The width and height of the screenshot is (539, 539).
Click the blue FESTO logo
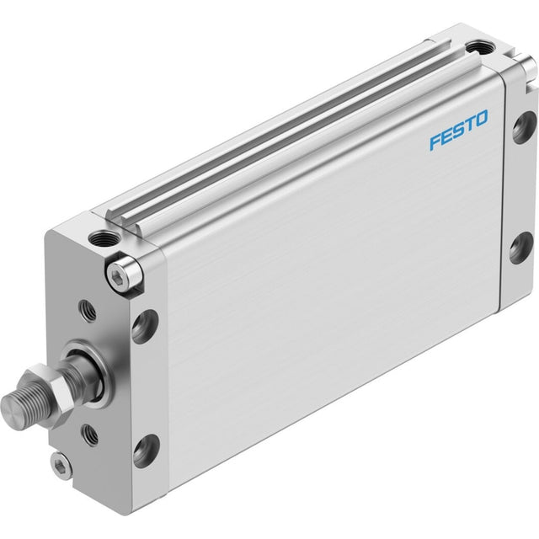(458, 130)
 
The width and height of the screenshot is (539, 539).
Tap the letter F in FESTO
(436, 142)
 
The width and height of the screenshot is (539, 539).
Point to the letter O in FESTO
(481, 118)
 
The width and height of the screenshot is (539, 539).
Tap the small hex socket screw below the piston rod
(61, 465)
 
